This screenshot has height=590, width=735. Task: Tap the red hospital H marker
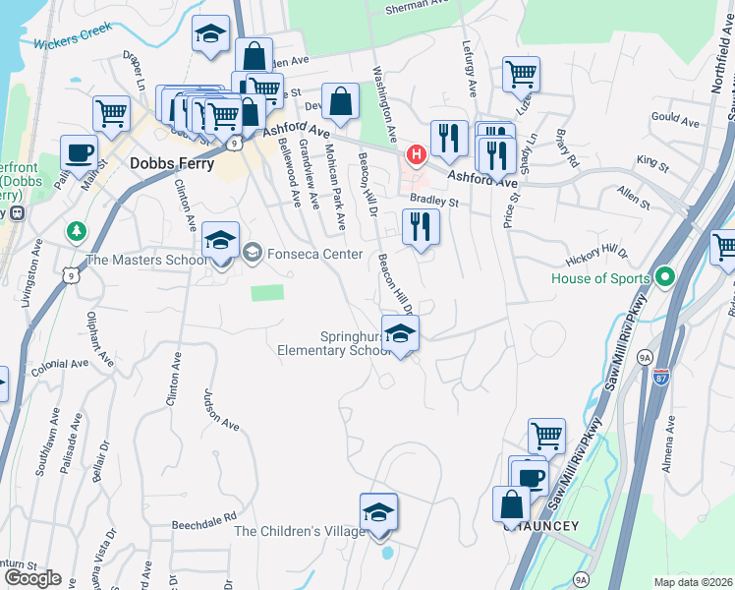coord(417,155)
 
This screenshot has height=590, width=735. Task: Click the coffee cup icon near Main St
coord(80,153)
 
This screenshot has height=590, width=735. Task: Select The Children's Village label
coord(300,532)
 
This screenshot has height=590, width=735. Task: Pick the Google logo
coord(32,577)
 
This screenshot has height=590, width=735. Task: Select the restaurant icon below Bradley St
coord(421,228)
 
